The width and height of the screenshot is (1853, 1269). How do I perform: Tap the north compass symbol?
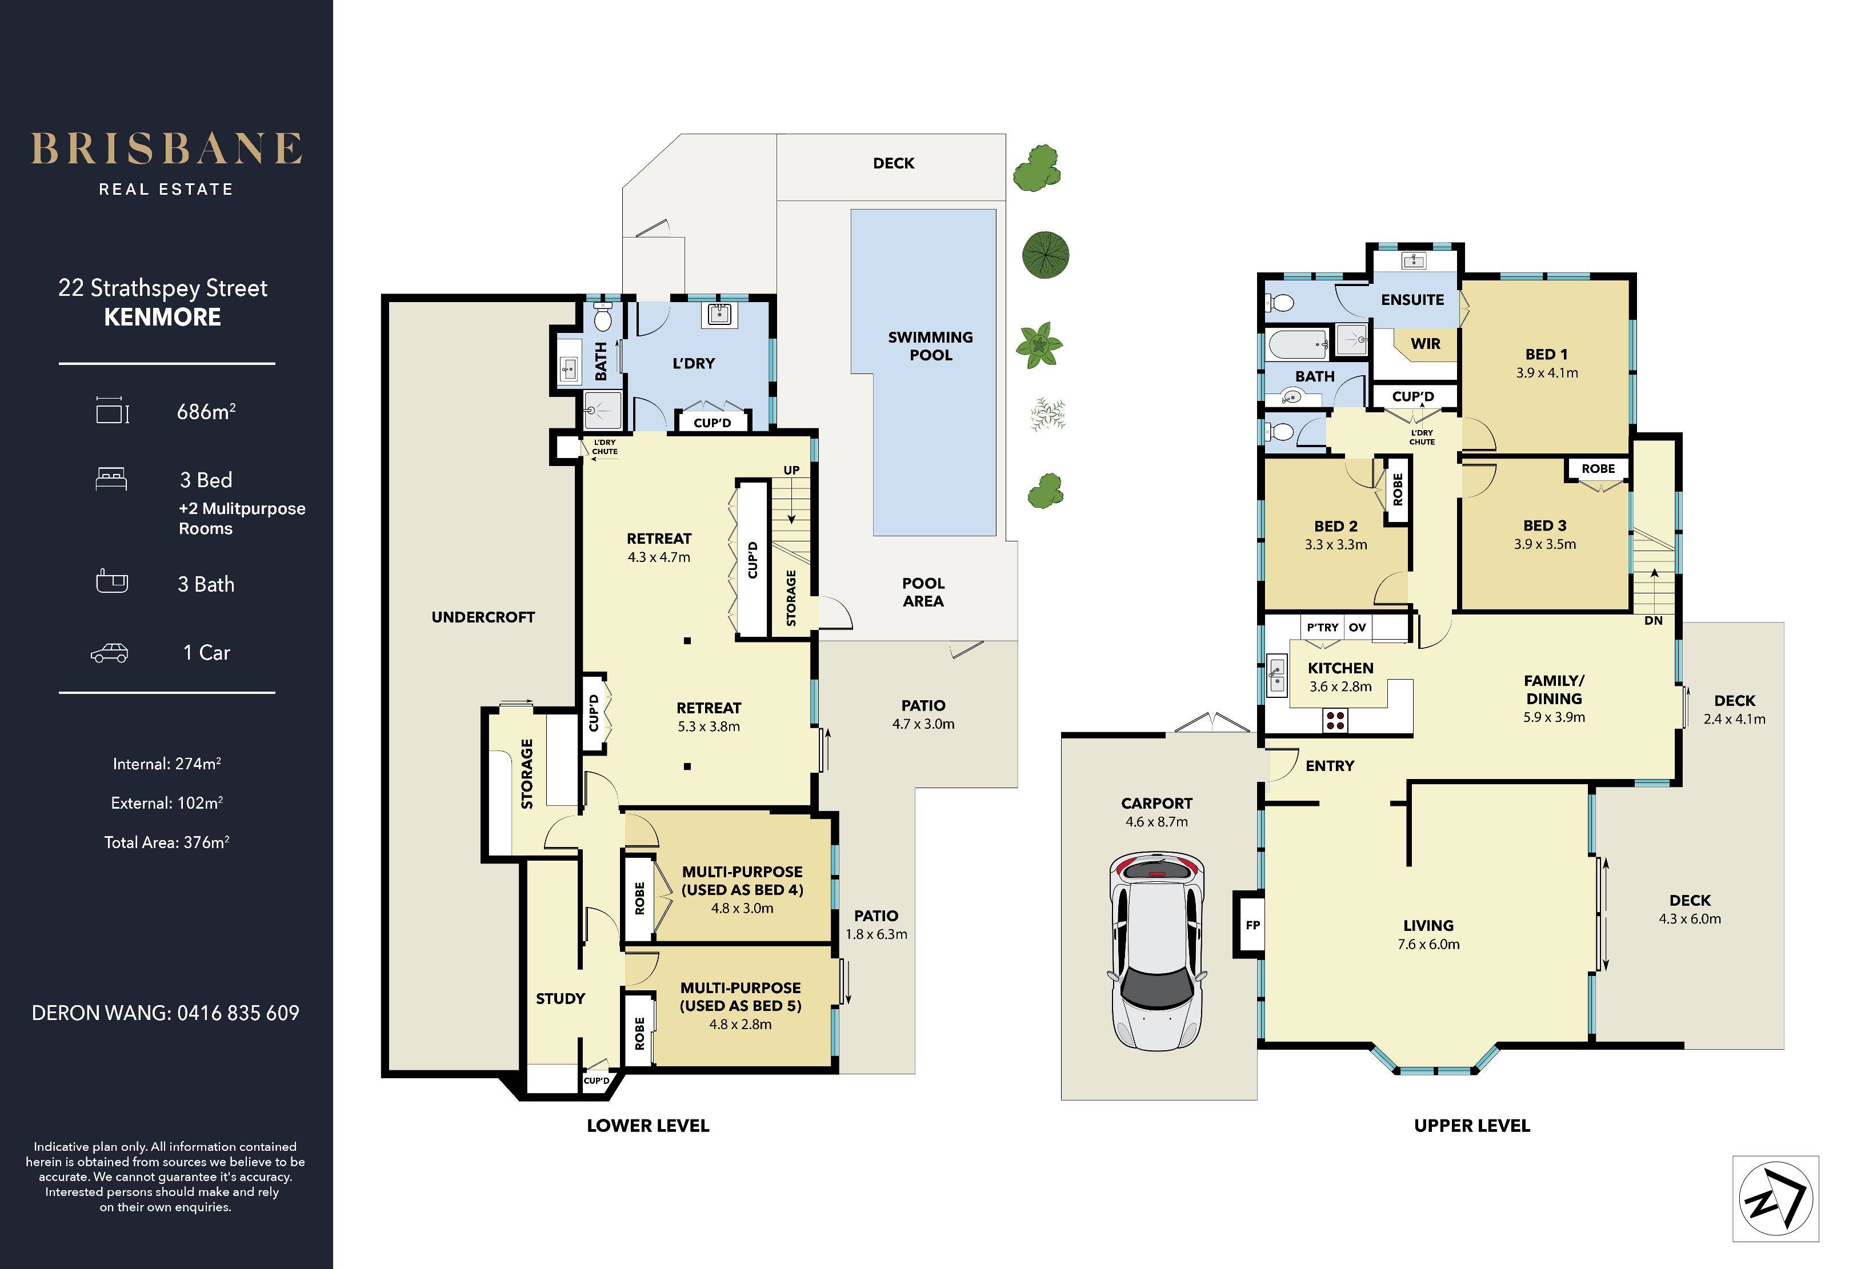[x=1776, y=1198]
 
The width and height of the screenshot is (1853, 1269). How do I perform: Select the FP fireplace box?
[x=1252, y=925]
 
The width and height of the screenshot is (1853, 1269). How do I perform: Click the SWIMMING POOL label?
[x=930, y=346]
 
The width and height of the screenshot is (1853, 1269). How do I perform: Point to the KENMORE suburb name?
[x=163, y=318]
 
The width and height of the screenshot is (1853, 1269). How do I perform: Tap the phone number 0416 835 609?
[x=238, y=1013]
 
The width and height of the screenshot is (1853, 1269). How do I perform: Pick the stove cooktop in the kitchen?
[x=1335, y=721]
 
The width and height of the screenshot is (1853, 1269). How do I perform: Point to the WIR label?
[x=1426, y=344]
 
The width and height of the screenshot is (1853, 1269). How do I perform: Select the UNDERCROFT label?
[x=483, y=617]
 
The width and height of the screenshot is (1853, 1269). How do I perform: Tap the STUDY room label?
[x=561, y=999]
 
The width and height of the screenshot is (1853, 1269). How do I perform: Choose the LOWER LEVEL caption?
[x=648, y=1126]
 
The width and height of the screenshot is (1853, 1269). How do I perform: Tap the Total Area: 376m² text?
[x=167, y=842]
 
